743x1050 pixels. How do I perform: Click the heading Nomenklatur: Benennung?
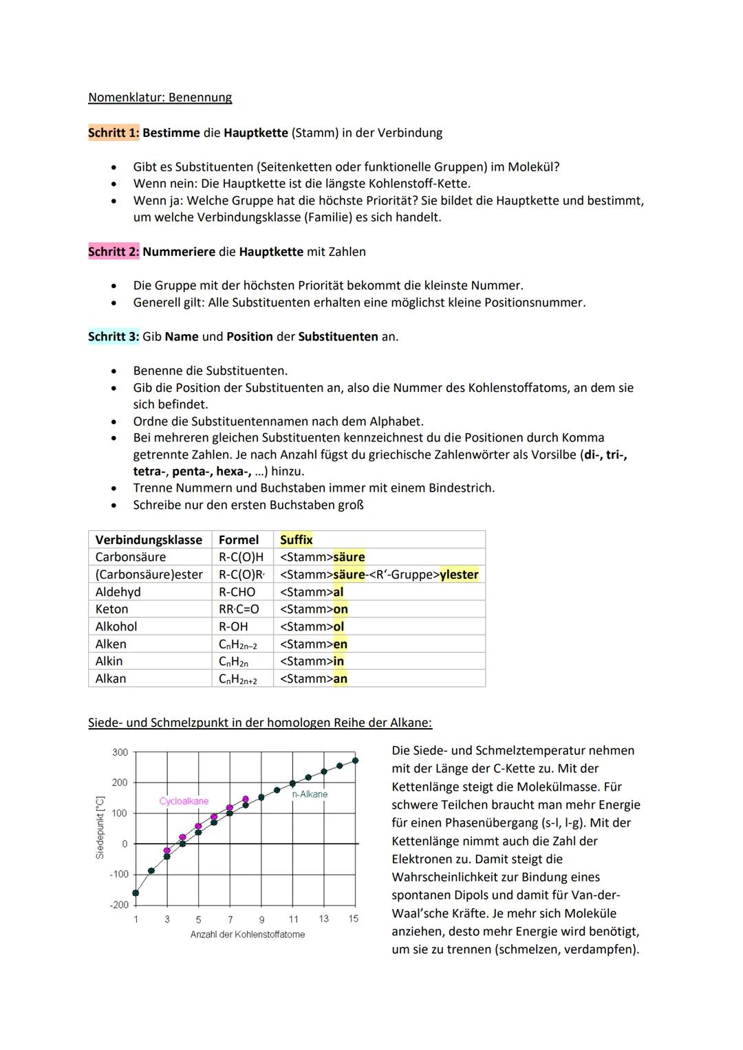(160, 98)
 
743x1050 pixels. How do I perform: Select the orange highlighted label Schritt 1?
(114, 133)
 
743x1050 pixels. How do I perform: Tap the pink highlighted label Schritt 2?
(114, 252)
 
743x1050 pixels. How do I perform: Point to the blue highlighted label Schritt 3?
(114, 337)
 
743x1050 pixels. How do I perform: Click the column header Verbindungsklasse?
(149, 540)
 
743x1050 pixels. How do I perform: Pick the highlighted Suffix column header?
(297, 540)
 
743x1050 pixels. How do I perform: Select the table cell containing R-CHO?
(237, 592)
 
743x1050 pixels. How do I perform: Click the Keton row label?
(111, 609)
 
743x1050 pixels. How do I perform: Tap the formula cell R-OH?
(233, 626)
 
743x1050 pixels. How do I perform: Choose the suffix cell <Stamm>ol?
(312, 626)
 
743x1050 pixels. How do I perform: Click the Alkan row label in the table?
(111, 679)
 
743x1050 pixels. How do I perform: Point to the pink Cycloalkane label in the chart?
(184, 801)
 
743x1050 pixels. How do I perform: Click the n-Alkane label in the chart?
(310, 794)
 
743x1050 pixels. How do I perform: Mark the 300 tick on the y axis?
(120, 752)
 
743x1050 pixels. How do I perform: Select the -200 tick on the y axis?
(119, 905)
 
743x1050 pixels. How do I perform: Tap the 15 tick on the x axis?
(354, 919)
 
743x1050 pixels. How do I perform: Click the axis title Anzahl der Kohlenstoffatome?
(248, 934)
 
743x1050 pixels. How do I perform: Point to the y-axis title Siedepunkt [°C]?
(100, 827)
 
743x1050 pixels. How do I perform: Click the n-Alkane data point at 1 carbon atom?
(136, 893)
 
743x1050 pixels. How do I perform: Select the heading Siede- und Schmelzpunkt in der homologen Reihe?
(260, 723)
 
